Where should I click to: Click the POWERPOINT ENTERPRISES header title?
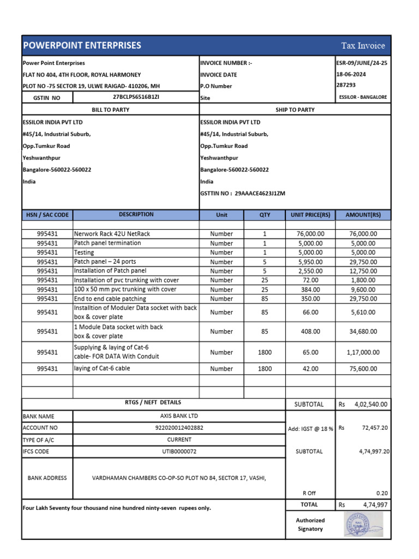[81, 45]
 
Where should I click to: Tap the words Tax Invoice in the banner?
[363, 46]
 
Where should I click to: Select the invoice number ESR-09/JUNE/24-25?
[362, 63]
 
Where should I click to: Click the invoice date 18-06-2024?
[352, 74]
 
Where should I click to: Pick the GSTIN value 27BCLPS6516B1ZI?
[136, 97]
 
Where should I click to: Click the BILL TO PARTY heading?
[110, 110]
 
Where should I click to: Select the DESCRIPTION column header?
[136, 215]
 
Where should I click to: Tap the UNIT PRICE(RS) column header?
[310, 215]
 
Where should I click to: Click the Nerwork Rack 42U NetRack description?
[112, 234]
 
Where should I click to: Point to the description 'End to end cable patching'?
[110, 299]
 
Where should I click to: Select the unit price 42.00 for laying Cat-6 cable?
[310, 369]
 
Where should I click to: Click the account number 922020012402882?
[179, 427]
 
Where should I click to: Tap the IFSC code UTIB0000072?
[179, 451]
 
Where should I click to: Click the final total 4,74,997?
[375, 505]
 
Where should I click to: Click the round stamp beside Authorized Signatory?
[363, 524]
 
